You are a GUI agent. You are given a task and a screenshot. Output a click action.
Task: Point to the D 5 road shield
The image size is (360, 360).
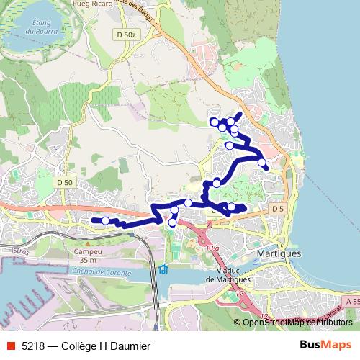[x=279, y=209]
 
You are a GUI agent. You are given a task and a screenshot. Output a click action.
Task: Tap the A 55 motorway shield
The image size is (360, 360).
[x=351, y=301]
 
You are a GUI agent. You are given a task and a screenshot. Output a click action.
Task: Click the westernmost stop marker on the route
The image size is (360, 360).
[x=105, y=220]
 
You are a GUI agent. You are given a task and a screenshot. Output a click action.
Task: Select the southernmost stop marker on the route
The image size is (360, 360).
[x=171, y=223]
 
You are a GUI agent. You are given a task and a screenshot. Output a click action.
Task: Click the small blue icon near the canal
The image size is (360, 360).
[x=163, y=270]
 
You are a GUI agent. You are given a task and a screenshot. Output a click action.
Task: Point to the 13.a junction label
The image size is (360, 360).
[x=212, y=248]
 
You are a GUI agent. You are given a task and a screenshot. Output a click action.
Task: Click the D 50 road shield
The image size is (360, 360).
[x=65, y=183]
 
